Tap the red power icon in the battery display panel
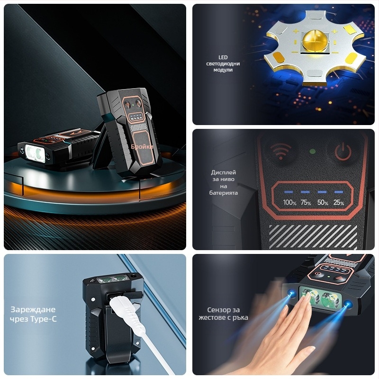pos(343,152)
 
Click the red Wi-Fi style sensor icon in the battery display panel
pos(280,151)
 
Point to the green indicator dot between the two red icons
pos(312,152)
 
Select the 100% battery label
pos(289,203)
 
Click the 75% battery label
pos(306,203)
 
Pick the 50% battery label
pos(323,203)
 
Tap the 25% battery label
pos(339,203)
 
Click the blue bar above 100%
pos(289,192)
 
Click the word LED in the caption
pos(223,57)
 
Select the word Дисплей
pos(223,172)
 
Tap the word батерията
pos(223,193)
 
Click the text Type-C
pos(44,319)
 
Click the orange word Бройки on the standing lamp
pos(142,147)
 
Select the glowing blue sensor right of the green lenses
pos(347,304)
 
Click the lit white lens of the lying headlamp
pos(35,153)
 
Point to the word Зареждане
pos(33,310)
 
